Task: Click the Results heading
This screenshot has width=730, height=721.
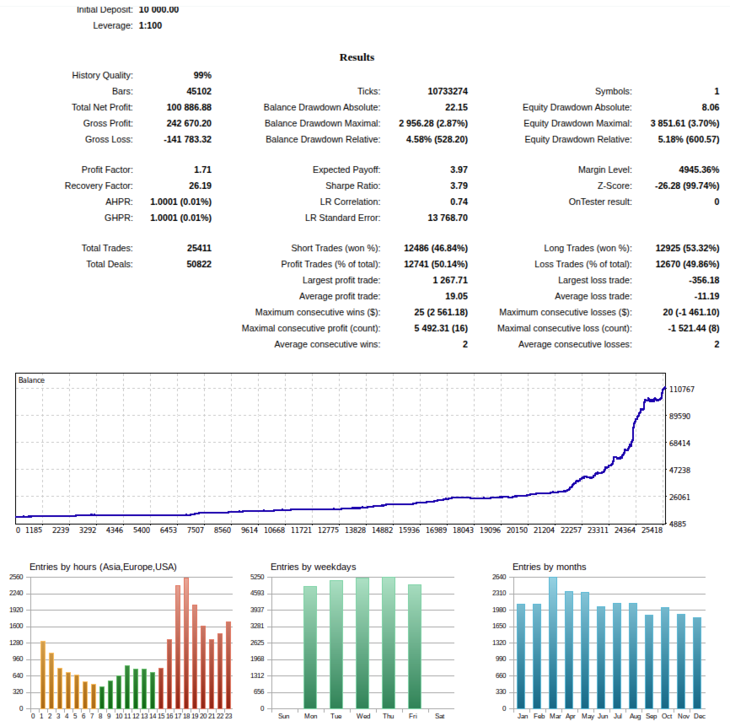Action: point(357,57)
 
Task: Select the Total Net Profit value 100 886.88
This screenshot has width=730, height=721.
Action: point(189,107)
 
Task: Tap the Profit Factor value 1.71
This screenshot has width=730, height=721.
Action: point(202,169)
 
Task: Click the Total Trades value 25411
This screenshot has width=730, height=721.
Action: point(199,248)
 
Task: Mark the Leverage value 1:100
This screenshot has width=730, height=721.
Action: point(150,25)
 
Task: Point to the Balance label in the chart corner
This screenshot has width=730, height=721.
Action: point(32,380)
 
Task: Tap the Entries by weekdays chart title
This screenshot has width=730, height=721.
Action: point(313,567)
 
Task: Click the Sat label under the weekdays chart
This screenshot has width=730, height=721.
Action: point(440,717)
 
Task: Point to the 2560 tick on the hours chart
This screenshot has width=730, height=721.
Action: point(16,577)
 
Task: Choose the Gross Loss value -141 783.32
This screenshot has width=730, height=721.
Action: point(187,139)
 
